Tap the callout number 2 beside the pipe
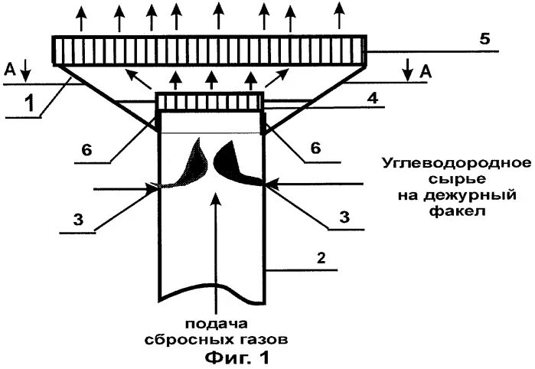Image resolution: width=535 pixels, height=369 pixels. [322, 258]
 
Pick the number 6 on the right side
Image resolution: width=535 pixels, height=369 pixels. [314, 149]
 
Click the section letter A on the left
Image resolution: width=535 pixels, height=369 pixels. [10, 70]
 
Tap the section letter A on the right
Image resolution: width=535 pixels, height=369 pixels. [424, 71]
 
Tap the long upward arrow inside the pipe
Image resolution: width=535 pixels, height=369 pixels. [218, 245]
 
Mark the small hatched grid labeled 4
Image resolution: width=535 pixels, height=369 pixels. [209, 102]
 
